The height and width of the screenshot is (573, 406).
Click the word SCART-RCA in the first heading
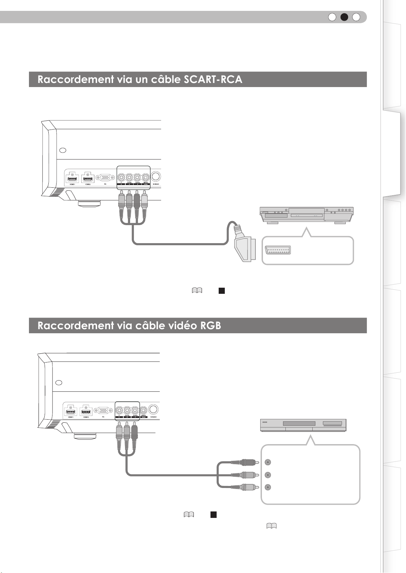[213, 79]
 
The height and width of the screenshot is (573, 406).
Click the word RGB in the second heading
[210, 325]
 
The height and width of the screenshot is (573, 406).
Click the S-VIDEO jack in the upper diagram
[156, 176]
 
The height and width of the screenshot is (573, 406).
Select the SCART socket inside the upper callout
[278, 250]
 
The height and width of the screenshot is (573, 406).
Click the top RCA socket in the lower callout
[268, 462]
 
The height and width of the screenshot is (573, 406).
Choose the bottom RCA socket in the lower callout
[268, 487]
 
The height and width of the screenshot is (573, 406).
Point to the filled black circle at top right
[344, 17]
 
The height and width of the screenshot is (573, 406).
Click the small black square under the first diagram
[221, 291]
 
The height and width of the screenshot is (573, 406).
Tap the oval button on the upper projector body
[63, 150]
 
